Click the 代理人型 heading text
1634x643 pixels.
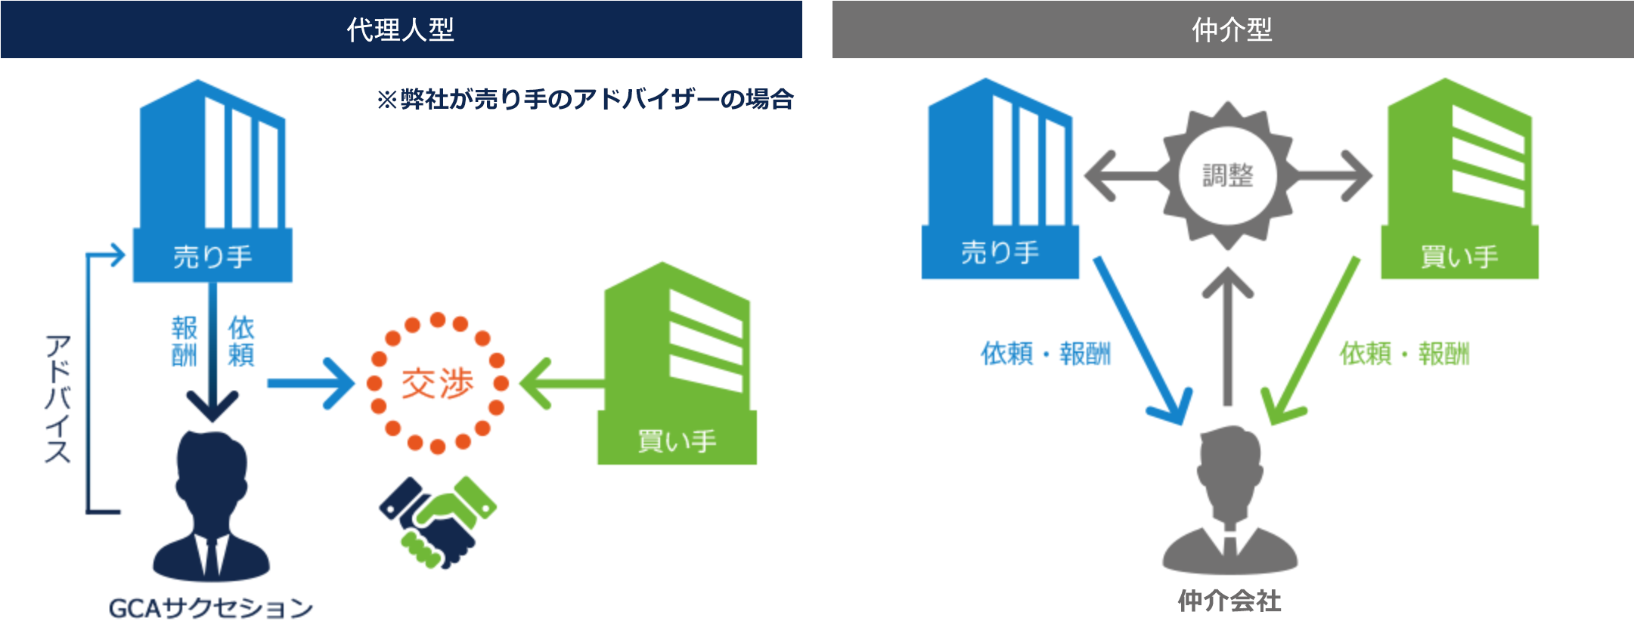pyautogui.click(x=400, y=29)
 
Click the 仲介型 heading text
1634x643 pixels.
pyautogui.click(x=1232, y=29)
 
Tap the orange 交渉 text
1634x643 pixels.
pyautogui.click(x=437, y=383)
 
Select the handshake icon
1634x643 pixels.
pyautogui.click(x=438, y=521)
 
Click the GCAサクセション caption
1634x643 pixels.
pyautogui.click(x=211, y=608)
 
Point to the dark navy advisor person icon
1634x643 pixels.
pyautogui.click(x=211, y=506)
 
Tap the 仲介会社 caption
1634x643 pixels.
pyautogui.click(x=1229, y=601)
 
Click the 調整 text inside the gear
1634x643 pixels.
pyautogui.click(x=1228, y=175)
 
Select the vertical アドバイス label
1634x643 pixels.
pyautogui.click(x=57, y=398)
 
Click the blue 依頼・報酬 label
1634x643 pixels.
pyautogui.click(x=1046, y=353)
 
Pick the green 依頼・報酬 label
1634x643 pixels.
pyautogui.click(x=1405, y=353)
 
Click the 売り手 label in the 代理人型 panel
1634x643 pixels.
pyautogui.click(x=212, y=257)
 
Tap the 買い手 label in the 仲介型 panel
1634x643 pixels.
pyautogui.click(x=1459, y=257)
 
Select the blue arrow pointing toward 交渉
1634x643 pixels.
pyautogui.click(x=311, y=384)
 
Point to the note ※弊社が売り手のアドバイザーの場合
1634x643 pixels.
pyautogui.click(x=584, y=99)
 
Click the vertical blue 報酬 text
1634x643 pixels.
pyautogui.click(x=184, y=341)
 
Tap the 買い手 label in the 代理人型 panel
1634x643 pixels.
pyautogui.click(x=677, y=441)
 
